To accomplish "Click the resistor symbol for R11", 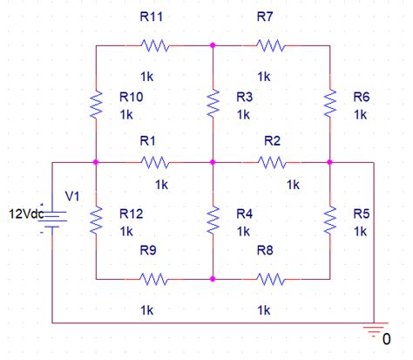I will pyautogui.click(x=153, y=44).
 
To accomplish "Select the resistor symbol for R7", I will pyautogui.click(x=271, y=44).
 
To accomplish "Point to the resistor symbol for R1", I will pyautogui.click(x=153, y=161).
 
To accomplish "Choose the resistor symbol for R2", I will pyautogui.click(x=271, y=161).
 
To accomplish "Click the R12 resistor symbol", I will pyautogui.click(x=96, y=220).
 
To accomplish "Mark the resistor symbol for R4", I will pyautogui.click(x=213, y=220).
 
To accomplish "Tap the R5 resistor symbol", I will pyautogui.click(x=330, y=220).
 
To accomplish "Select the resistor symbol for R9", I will pyautogui.click(x=153, y=279).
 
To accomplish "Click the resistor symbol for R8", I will pyautogui.click(x=271, y=279).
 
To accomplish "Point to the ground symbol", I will pyautogui.click(x=375, y=329).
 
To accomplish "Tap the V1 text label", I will pyautogui.click(x=71, y=196).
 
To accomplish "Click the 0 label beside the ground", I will pyautogui.click(x=386, y=338).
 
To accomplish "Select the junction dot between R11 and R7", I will pyautogui.click(x=213, y=44).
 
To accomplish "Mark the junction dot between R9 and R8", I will pyautogui.click(x=213, y=279).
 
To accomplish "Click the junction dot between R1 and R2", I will pyautogui.click(x=213, y=161).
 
